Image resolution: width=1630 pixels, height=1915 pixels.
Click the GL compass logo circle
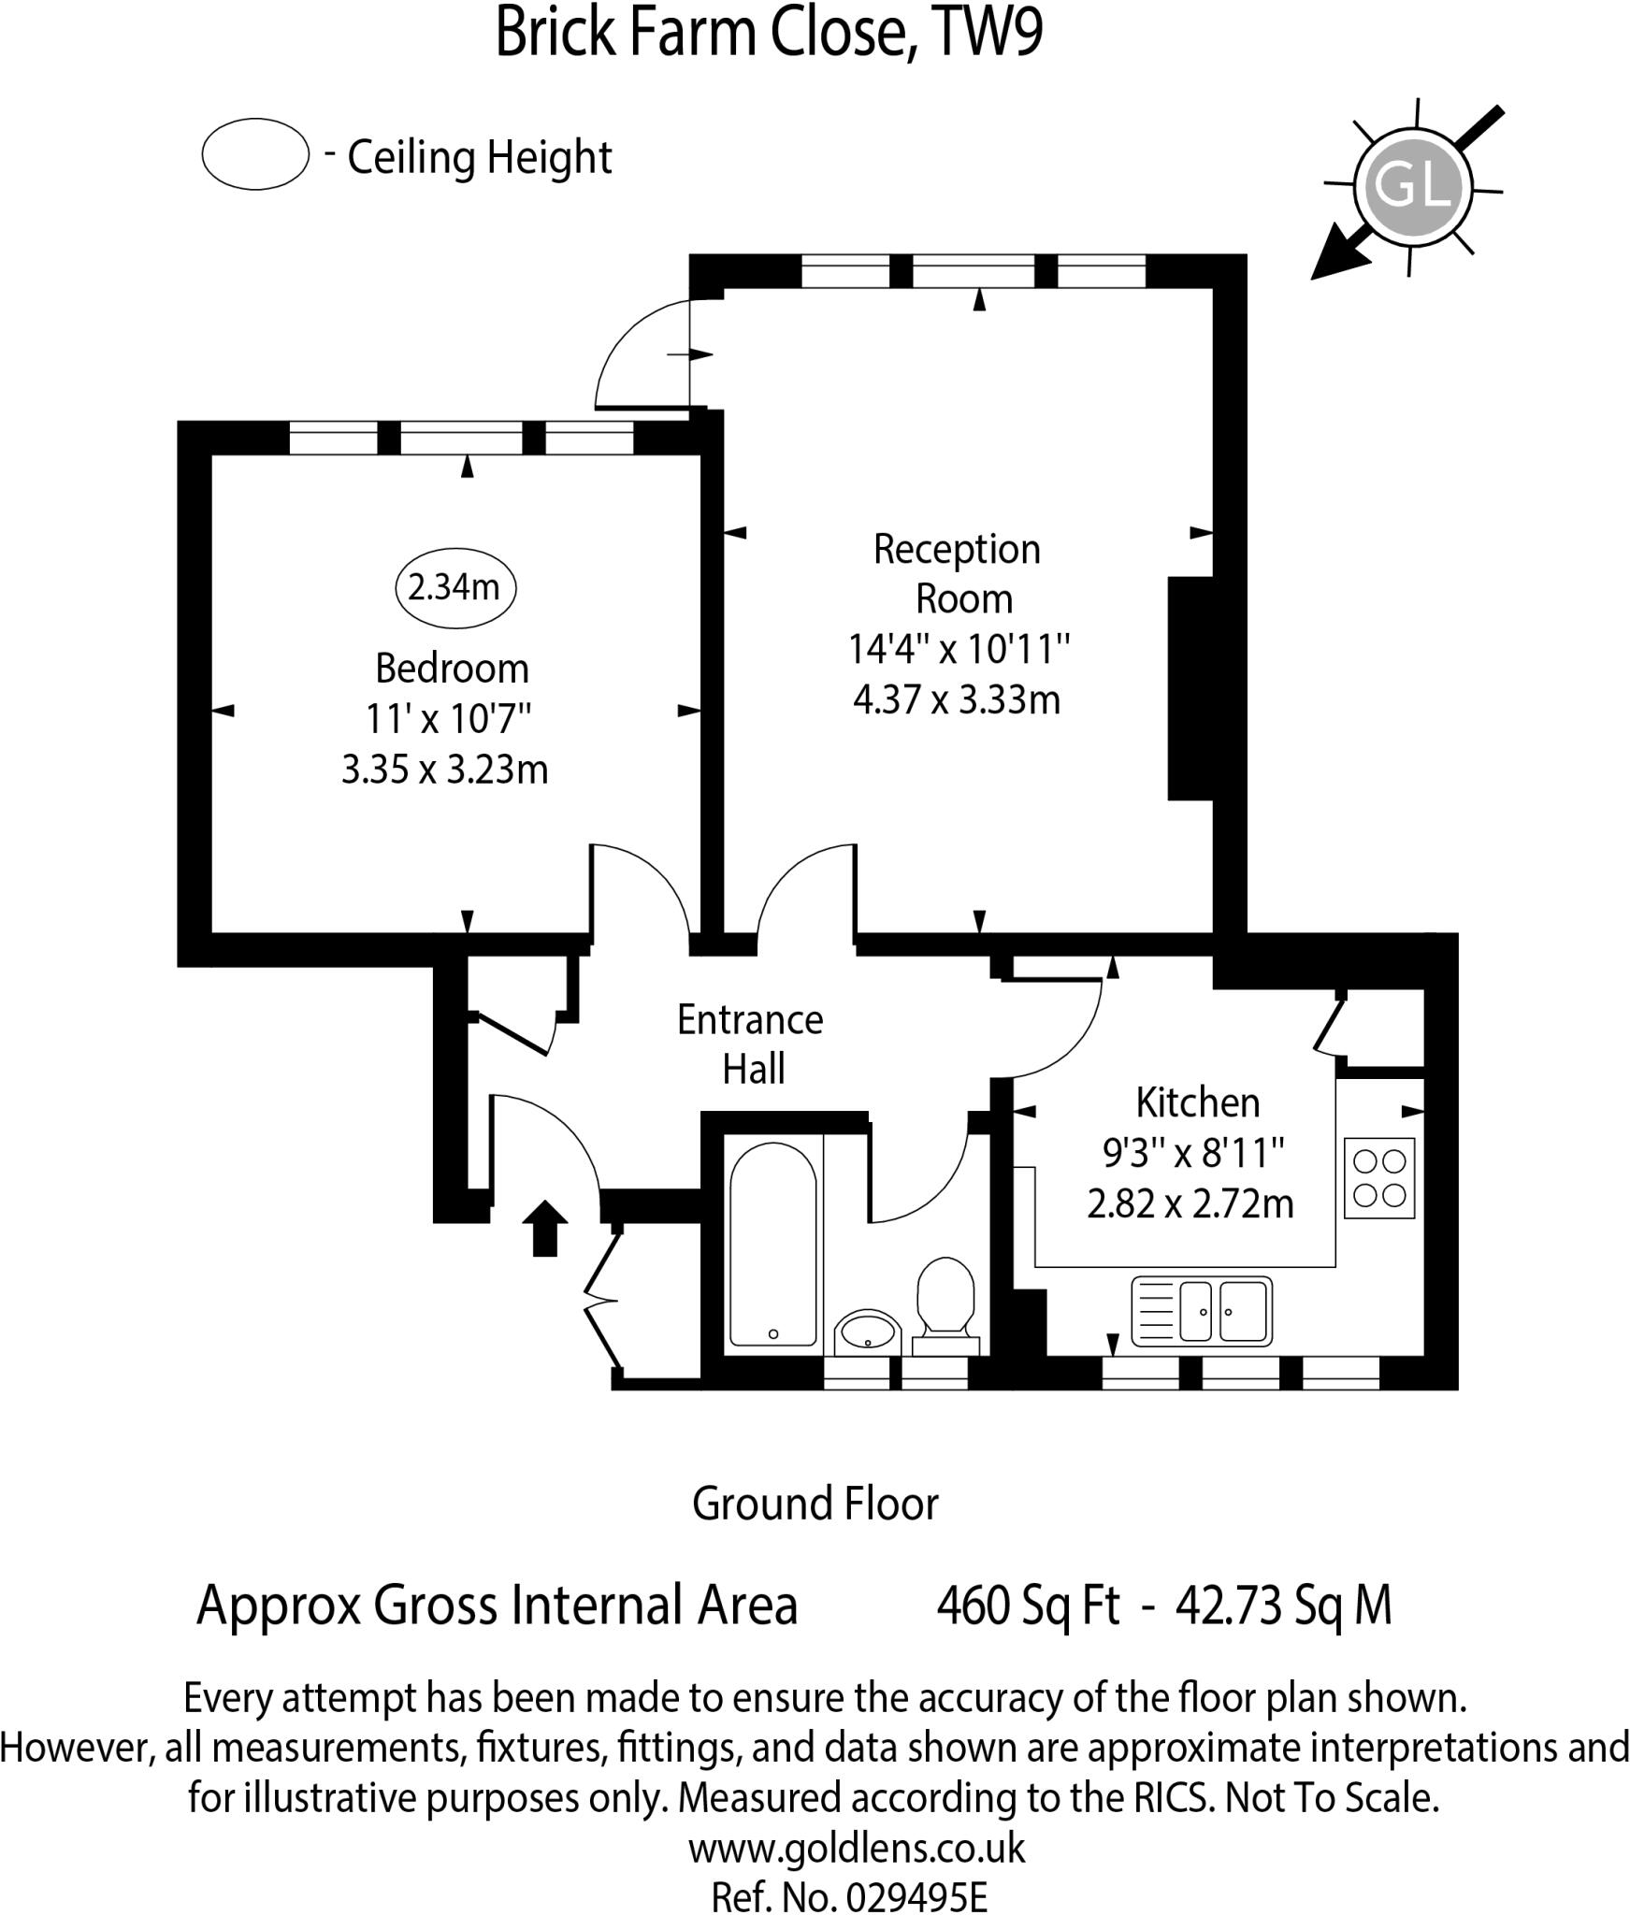coord(1412,184)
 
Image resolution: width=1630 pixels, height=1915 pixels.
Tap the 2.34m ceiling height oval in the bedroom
coord(455,587)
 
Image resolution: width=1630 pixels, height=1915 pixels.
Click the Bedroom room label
coord(452,669)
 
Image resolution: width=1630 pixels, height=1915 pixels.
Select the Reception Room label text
coord(958,573)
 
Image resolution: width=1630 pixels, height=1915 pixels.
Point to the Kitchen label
coord(1197,1102)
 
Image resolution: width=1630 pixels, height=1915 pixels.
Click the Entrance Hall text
coord(751,1044)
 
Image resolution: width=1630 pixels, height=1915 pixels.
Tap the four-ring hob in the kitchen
coord(1379,1178)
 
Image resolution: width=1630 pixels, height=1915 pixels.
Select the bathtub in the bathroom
coord(772,1245)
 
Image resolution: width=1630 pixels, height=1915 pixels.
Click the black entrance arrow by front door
coord(544,1228)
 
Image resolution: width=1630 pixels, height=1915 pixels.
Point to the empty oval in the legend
coord(255,154)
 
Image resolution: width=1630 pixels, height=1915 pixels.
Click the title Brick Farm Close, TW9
coord(769,34)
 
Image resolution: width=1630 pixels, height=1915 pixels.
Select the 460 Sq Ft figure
coord(1027,1605)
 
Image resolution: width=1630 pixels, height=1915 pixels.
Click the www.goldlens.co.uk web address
coord(857,1848)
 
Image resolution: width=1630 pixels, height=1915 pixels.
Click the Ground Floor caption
coord(815,1504)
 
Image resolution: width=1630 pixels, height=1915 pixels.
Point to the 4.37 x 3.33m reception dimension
coord(957,699)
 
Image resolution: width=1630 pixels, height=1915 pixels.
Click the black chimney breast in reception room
coord(1190,688)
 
